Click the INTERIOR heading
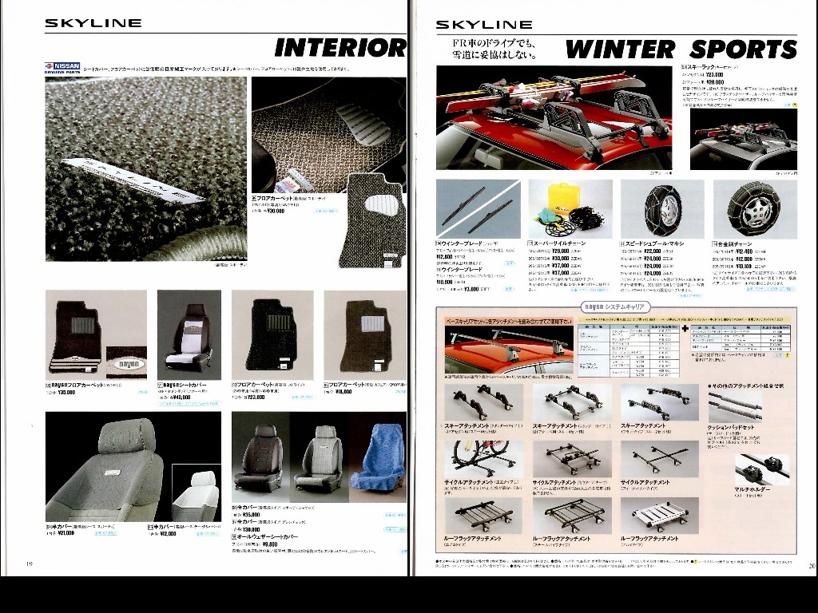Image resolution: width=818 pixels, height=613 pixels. (340, 48)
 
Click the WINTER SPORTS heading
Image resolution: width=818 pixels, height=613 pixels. (681, 49)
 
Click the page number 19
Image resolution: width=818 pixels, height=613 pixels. (30, 565)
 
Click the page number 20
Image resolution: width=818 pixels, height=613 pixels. (811, 565)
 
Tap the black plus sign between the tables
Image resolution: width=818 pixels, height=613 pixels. (685, 328)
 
